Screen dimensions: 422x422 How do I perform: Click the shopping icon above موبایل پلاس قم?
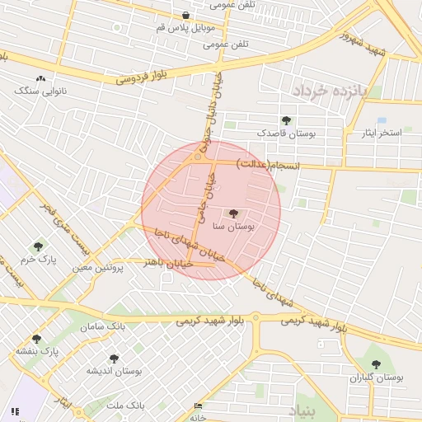(185, 16)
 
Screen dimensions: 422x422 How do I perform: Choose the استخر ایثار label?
(380, 132)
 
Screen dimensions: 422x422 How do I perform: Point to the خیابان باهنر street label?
(168, 263)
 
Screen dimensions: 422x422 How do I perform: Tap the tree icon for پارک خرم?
(38, 246)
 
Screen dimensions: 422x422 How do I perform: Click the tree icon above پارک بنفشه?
(36, 339)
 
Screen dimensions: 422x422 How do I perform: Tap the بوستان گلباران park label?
(377, 377)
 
